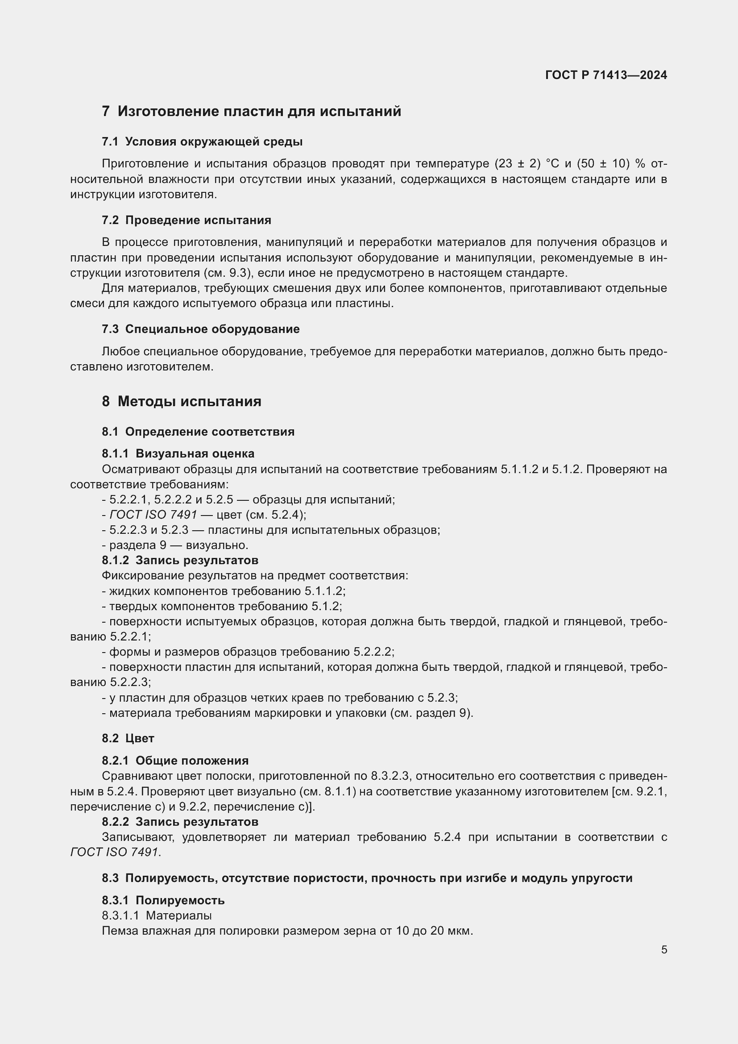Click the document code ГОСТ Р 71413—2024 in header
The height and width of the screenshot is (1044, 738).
click(606, 75)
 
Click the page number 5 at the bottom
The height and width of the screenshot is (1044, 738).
click(664, 950)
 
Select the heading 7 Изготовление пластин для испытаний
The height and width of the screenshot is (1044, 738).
click(251, 112)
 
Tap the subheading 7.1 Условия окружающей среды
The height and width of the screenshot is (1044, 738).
click(202, 142)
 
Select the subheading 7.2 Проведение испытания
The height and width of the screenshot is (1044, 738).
click(187, 220)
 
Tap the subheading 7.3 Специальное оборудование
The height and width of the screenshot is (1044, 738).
click(200, 329)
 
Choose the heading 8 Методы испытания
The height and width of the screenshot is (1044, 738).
click(181, 402)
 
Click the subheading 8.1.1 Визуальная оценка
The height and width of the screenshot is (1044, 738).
click(178, 454)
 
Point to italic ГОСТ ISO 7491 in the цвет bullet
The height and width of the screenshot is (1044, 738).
click(153, 515)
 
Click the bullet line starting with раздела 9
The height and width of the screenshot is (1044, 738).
click(175, 545)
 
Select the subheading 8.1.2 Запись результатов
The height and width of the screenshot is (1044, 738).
click(180, 560)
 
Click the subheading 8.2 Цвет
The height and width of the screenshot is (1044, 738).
click(128, 738)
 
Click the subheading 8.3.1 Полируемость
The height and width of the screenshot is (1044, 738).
click(163, 900)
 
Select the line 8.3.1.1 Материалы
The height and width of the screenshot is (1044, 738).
click(157, 915)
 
